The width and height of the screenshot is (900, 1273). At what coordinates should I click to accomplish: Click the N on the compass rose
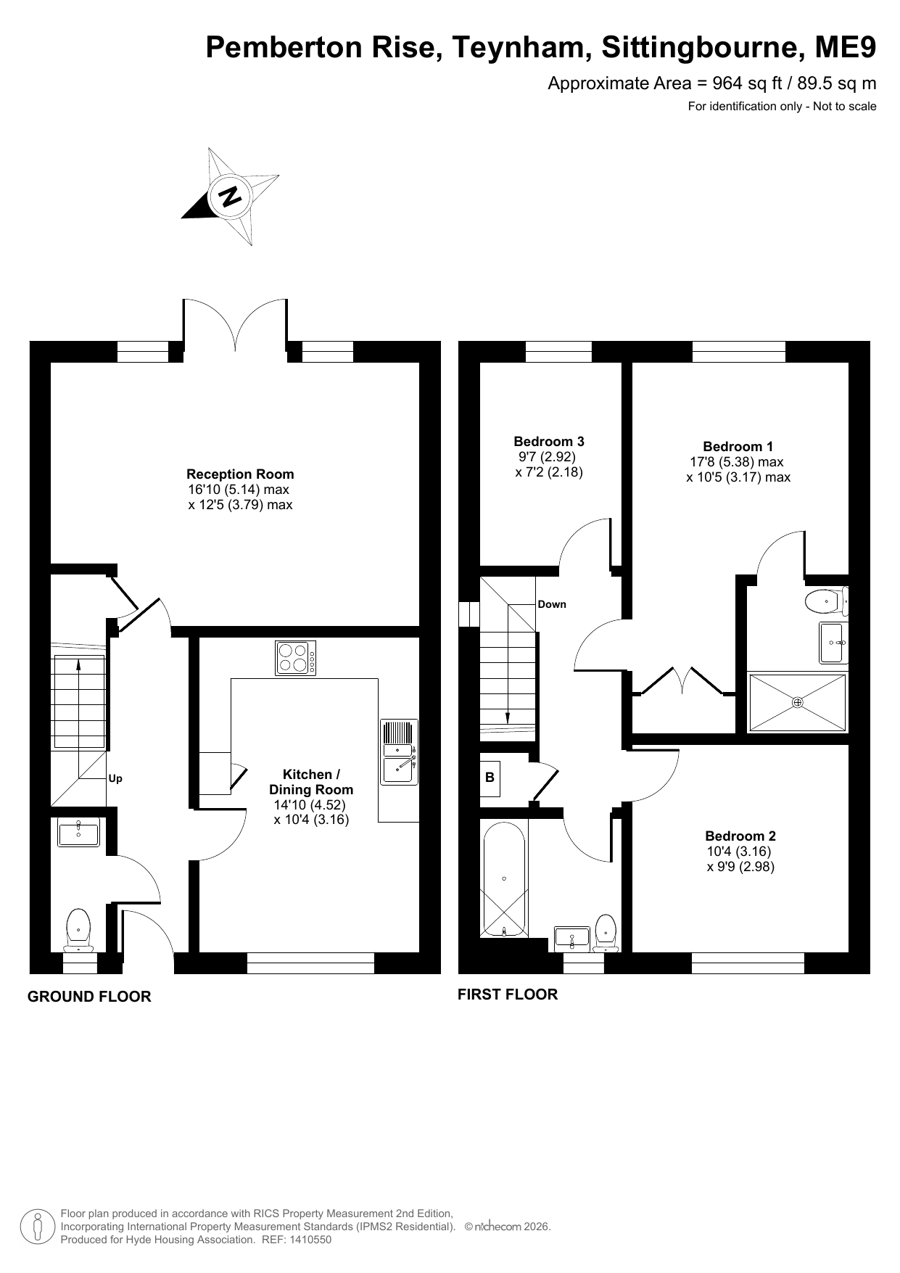(231, 196)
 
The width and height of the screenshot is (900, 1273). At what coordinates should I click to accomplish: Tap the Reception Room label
(240, 474)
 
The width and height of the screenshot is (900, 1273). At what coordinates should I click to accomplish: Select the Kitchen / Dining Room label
(311, 782)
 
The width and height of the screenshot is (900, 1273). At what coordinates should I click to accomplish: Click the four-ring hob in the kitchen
(295, 658)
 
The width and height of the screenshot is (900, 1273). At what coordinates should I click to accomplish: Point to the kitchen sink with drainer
(399, 751)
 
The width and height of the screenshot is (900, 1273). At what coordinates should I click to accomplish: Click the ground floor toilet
(78, 931)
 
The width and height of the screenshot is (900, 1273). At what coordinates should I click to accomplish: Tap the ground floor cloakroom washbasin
(78, 832)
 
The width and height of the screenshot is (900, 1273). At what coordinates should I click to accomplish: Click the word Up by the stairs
(115, 778)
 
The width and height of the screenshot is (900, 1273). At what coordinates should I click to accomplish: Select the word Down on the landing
(552, 604)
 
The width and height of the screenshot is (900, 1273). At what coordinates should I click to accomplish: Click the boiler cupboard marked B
(490, 777)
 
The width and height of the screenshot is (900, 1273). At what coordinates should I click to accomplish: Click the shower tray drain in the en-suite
(798, 702)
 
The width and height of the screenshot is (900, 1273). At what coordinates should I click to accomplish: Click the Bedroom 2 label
(740, 836)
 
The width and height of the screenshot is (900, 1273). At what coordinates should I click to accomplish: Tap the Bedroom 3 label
(549, 442)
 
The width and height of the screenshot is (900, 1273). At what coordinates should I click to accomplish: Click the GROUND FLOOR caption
(89, 997)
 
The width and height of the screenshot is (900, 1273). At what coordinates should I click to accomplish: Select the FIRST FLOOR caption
(508, 994)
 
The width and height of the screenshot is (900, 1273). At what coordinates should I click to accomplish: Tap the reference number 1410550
(311, 1240)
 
